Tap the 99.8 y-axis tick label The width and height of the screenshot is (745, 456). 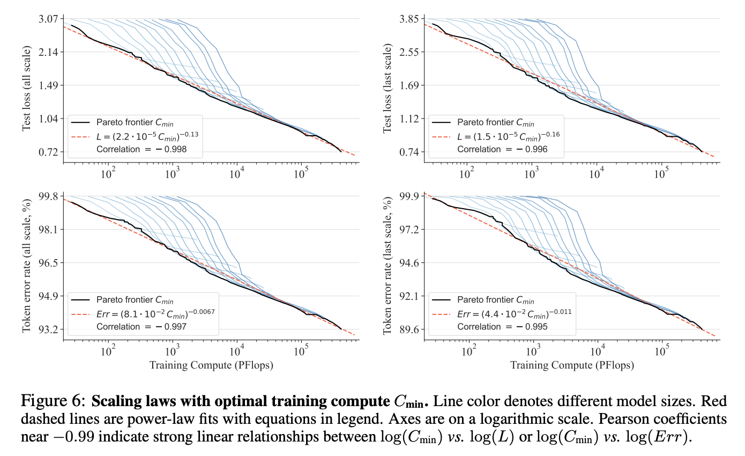click(x=50, y=196)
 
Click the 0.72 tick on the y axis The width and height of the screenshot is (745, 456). click(x=50, y=152)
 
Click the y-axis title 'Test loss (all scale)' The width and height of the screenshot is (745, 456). click(x=26, y=89)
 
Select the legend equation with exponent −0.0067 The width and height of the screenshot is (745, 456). click(x=156, y=312)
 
